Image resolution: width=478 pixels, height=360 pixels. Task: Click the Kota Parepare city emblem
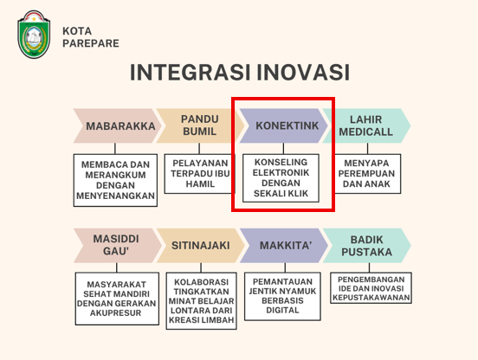[34, 34]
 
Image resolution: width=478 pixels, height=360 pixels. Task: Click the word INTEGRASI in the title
[190, 73]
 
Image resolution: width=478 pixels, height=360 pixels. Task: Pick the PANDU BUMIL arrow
[200, 125]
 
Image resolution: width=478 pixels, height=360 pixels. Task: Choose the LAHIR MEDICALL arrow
[367, 125]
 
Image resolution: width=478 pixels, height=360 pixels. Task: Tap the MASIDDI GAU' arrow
[118, 246]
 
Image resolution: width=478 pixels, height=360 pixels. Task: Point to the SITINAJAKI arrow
[201, 246]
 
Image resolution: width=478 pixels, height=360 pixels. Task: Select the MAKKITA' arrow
[284, 246]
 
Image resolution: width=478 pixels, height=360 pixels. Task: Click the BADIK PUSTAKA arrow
[367, 246]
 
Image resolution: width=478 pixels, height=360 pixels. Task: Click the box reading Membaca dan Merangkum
[115, 180]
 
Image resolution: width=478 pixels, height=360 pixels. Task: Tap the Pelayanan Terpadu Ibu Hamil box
[200, 174]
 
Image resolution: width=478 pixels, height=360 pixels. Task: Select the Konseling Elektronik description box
[281, 178]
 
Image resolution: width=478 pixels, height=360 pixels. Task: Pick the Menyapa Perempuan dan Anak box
[367, 174]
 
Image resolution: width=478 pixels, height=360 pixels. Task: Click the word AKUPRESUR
[116, 313]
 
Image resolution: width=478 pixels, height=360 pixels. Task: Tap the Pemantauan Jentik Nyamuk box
[282, 296]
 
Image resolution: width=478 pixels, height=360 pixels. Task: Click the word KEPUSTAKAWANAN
[371, 298]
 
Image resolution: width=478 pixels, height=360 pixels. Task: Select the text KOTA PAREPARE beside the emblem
[91, 37]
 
